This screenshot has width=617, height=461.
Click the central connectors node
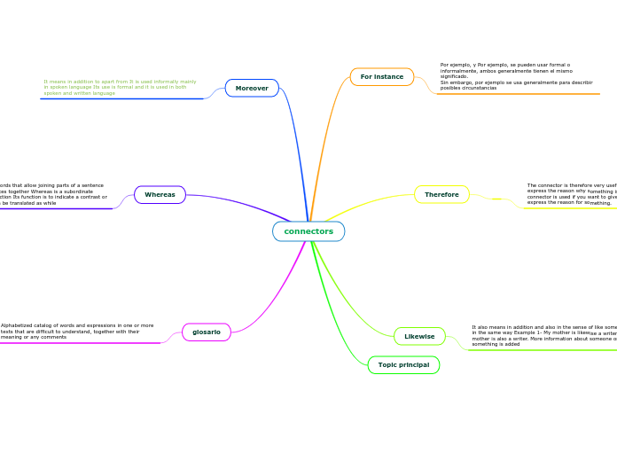point(308,231)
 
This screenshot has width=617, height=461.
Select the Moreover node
point(252,88)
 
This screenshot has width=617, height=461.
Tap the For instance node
point(382,77)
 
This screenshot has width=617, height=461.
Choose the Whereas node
point(160,194)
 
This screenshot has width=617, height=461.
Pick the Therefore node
point(441,194)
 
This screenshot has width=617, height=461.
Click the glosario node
point(207,332)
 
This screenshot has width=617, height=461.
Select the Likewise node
point(419,336)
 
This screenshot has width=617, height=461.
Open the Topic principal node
point(403,364)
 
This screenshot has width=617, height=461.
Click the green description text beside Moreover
point(121,87)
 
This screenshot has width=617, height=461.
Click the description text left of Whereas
point(53,194)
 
